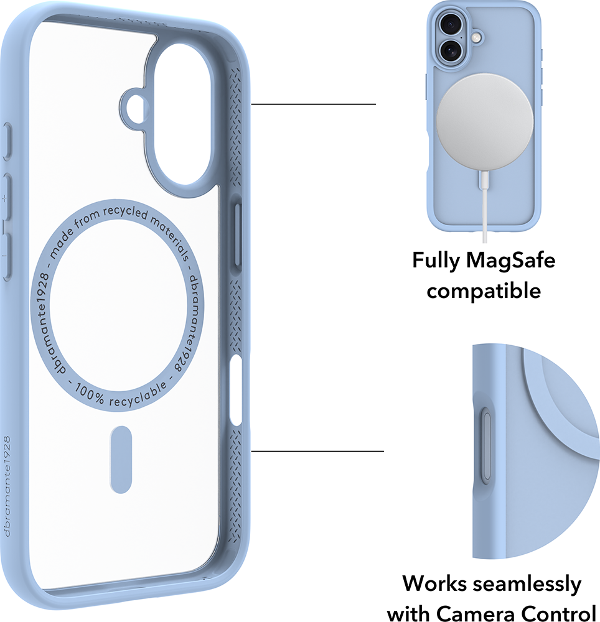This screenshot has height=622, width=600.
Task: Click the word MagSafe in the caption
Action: coord(511,260)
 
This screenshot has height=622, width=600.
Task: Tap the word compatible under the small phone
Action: coord(484,290)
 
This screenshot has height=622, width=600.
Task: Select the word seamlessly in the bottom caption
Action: coord(527,584)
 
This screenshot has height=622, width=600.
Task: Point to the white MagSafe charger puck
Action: coord(484,122)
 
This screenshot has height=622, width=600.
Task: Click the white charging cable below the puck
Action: coord(484,207)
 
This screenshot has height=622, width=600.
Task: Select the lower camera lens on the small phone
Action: coord(451,50)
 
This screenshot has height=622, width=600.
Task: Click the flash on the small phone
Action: coord(476,38)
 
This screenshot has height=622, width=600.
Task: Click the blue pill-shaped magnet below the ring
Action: coord(121,460)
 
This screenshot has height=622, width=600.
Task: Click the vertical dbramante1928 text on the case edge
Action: coord(7,486)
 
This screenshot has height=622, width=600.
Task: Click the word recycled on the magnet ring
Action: coord(125,211)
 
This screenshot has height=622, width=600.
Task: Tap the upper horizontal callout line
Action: coord(314,104)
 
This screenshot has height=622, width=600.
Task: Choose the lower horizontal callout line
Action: coord(317,451)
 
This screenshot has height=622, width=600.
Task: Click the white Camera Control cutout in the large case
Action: coord(236,391)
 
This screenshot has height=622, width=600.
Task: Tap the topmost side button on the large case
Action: coord(7,142)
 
